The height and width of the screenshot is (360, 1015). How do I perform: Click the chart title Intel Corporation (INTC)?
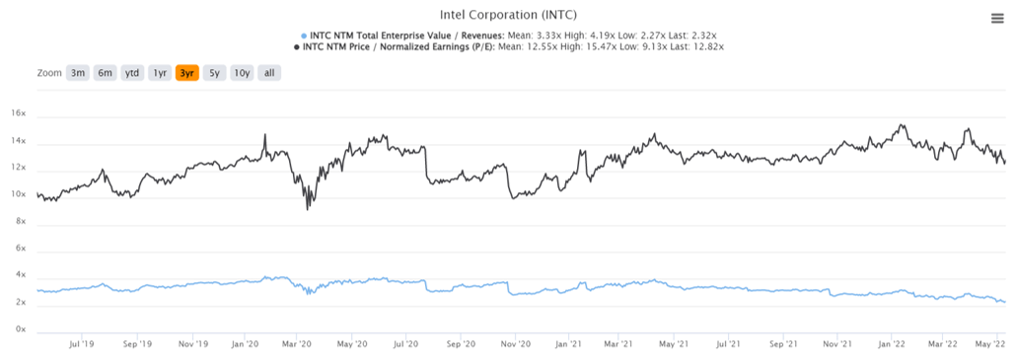point(507,15)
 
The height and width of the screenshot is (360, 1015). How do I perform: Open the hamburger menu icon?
point(997,18)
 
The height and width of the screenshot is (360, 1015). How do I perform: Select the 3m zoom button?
point(78,73)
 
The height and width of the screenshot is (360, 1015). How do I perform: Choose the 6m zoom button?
point(105,73)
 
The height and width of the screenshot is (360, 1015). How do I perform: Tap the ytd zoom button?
point(132,73)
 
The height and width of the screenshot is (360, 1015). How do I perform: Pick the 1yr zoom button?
point(160,73)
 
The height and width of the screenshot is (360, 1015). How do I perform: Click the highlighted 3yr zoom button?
point(186,73)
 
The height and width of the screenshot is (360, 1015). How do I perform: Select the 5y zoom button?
point(213,73)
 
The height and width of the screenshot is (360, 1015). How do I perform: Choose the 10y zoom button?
point(241,73)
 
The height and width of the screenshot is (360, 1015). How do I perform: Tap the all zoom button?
point(269,73)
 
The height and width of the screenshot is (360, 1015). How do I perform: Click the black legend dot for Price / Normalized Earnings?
point(297,46)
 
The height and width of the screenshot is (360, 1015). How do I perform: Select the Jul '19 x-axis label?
point(81,345)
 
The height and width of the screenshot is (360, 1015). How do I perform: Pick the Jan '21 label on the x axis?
point(566,345)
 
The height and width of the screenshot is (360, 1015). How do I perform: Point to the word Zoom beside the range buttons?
point(49,73)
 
